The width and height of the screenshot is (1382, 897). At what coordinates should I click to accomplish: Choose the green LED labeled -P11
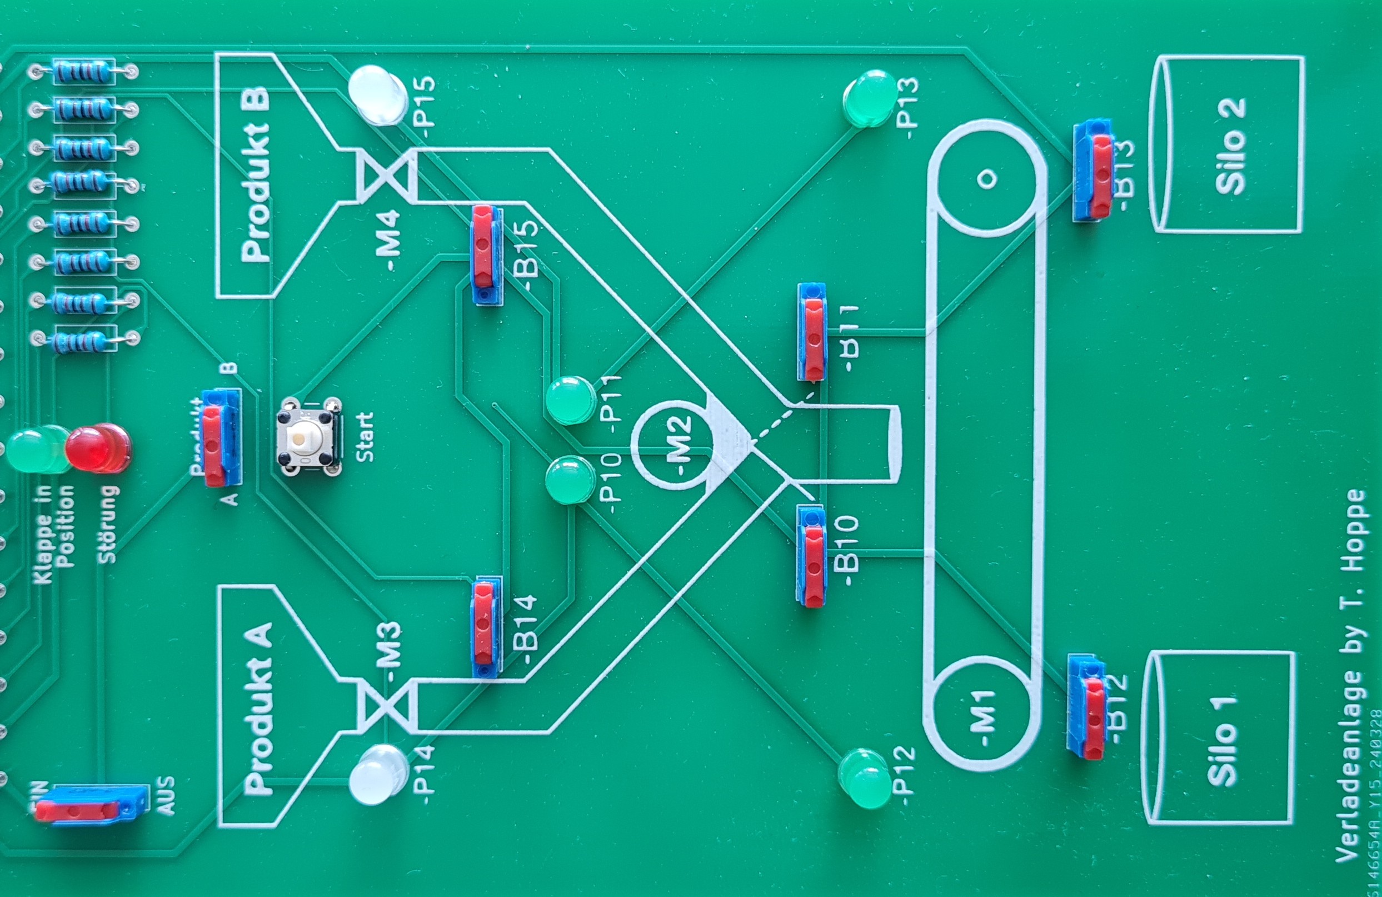[571, 401]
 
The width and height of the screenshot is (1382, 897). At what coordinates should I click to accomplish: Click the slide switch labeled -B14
[486, 626]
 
